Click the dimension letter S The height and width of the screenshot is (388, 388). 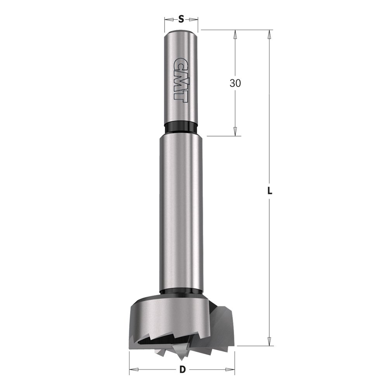click(181, 19)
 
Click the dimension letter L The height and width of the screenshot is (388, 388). click(270, 191)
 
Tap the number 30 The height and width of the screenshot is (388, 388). click(235, 83)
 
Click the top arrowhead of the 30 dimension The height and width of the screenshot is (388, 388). click(235, 34)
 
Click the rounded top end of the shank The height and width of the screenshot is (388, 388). click(181, 33)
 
